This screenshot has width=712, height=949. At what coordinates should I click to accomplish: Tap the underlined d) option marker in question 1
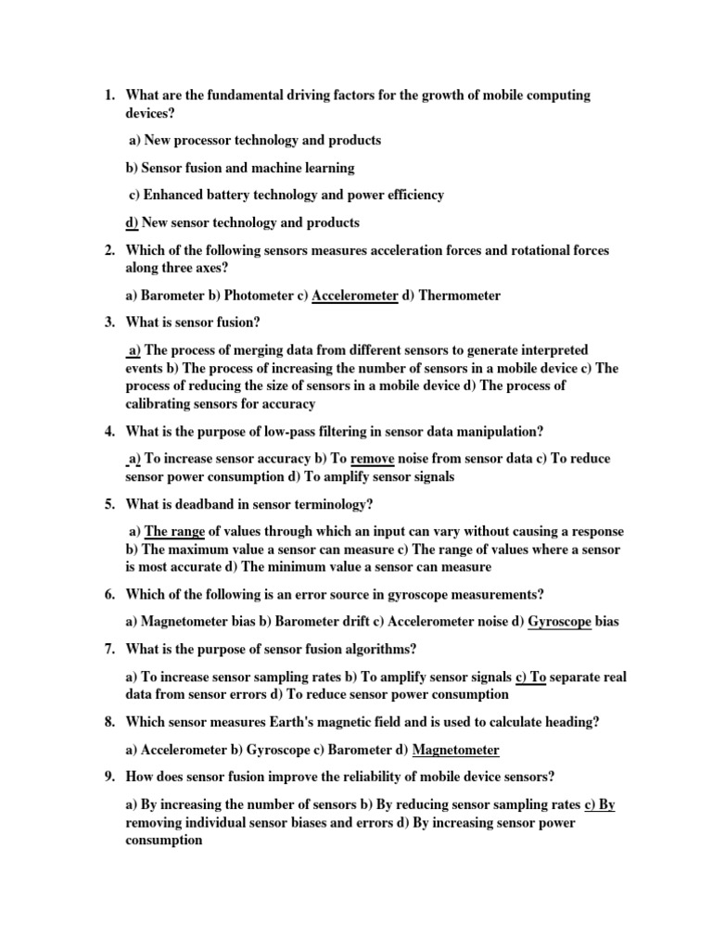pos(132,222)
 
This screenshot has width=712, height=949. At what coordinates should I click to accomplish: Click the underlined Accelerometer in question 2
pos(355,296)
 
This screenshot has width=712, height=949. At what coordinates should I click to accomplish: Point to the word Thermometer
pos(460,296)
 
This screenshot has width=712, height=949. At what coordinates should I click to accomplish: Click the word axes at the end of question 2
pos(210,269)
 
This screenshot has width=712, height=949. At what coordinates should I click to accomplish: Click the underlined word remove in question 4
pos(373,458)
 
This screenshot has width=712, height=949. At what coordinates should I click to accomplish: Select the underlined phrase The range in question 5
pos(174,531)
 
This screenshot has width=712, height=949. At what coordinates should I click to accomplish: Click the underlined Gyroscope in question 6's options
pos(559,621)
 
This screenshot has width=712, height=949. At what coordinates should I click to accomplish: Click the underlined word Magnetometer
pos(455,749)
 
